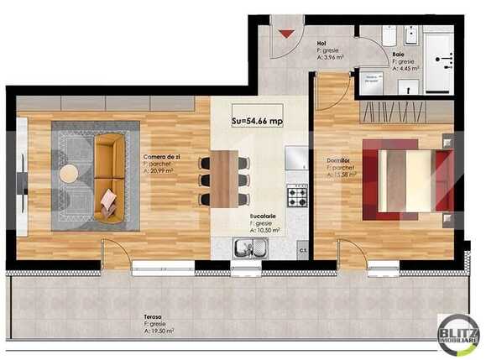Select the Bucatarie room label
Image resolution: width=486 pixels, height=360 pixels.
point(263,216)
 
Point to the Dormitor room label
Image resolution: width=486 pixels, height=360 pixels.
point(339,160)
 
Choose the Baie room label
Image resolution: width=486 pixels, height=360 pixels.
point(397,53)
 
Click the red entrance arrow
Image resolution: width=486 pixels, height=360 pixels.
point(287,34)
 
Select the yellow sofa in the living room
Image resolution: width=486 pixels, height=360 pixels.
point(107,179)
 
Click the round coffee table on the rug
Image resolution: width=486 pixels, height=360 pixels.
point(69,174)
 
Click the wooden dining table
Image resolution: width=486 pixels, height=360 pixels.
point(224,178)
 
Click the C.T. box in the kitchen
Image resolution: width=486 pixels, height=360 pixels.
point(302,249)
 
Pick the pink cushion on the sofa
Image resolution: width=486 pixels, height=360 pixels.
point(109,200)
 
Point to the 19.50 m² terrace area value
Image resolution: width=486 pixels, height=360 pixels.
point(159,331)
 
